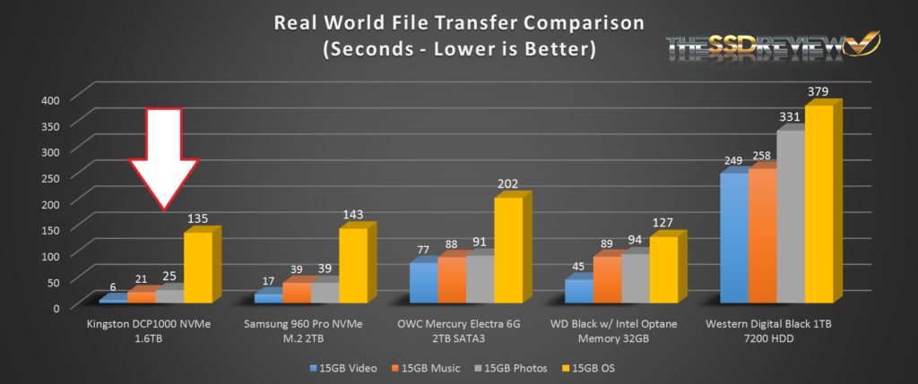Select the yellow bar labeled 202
point(508,250)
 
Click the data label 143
point(352,216)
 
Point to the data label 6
point(112,287)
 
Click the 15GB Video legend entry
point(343,367)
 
